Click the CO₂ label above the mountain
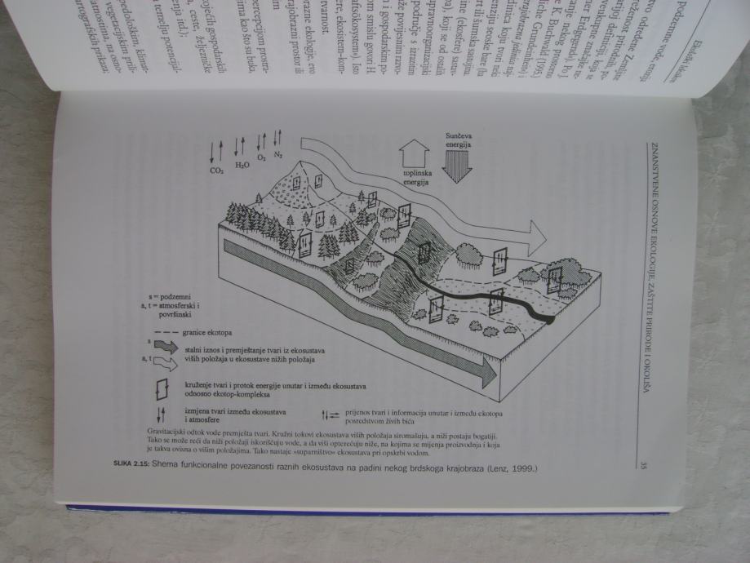(217, 172)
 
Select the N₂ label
(277, 153)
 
